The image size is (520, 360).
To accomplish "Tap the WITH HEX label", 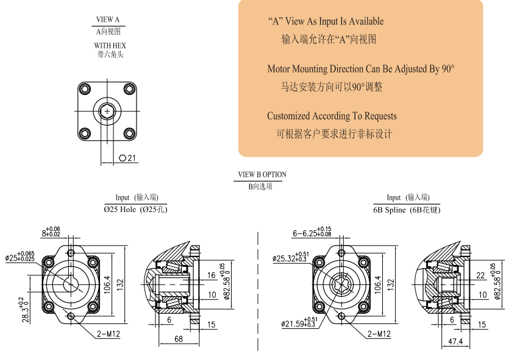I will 110,46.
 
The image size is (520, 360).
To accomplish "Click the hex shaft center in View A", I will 107,111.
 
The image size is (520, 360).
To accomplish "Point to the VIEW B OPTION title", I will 262,175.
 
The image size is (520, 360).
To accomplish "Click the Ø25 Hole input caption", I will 135,210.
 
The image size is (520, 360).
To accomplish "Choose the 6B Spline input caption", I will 407,210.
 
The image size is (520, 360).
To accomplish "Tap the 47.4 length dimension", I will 455,342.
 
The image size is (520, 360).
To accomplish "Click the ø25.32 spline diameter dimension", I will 291,258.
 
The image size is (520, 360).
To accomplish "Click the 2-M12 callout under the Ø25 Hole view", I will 107,334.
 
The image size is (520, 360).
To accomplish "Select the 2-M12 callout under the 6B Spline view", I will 379,334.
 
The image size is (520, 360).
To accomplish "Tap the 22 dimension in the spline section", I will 480,276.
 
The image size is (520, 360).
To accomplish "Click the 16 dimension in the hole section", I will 211,276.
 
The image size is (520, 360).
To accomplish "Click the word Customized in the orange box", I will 289,116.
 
